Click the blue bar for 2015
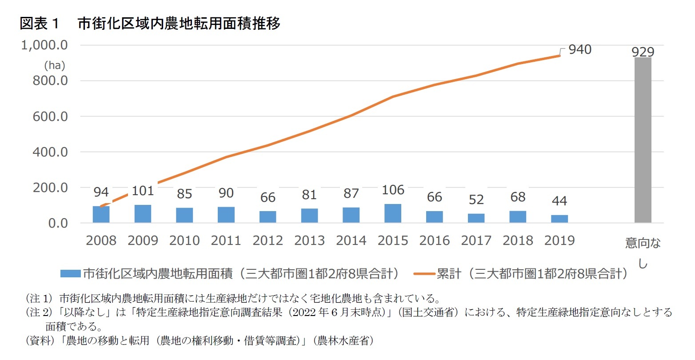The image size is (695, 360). [392, 213]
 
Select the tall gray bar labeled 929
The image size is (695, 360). [643, 140]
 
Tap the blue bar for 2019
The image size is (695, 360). [559, 219]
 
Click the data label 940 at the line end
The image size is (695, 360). [580, 49]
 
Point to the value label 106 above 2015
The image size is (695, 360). [393, 190]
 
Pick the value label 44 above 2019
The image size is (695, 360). [559, 201]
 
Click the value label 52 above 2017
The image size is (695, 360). [476, 200]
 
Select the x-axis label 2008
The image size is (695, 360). [101, 240]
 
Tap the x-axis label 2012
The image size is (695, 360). [268, 240]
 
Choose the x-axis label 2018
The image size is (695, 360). [518, 240]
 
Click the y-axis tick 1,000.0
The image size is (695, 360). [44, 45]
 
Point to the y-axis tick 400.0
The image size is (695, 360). [50, 152]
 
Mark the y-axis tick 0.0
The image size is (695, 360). [58, 223]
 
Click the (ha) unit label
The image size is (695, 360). [54, 66]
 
